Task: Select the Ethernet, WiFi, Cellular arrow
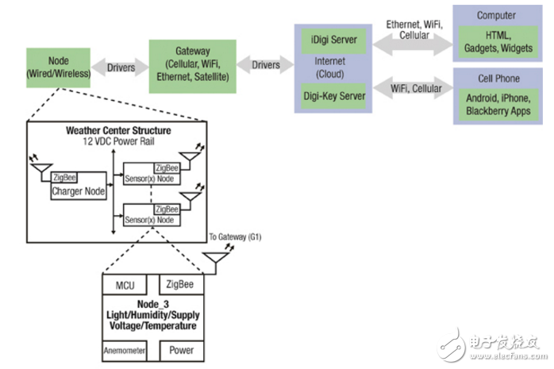(x=412, y=44)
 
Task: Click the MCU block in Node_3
(x=129, y=285)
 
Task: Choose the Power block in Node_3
(x=181, y=350)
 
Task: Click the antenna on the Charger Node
(x=37, y=163)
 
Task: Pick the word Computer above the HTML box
(x=496, y=15)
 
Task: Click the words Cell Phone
(x=496, y=79)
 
